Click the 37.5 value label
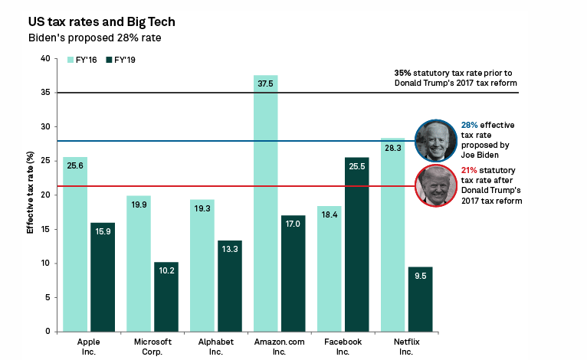(x=265, y=84)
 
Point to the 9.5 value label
(x=420, y=275)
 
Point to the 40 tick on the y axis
(x=45, y=59)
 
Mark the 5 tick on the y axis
(x=48, y=297)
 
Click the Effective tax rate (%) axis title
(x=31, y=195)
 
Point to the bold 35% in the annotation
(x=402, y=73)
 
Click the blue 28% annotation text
(x=469, y=124)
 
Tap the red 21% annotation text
(x=469, y=169)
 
